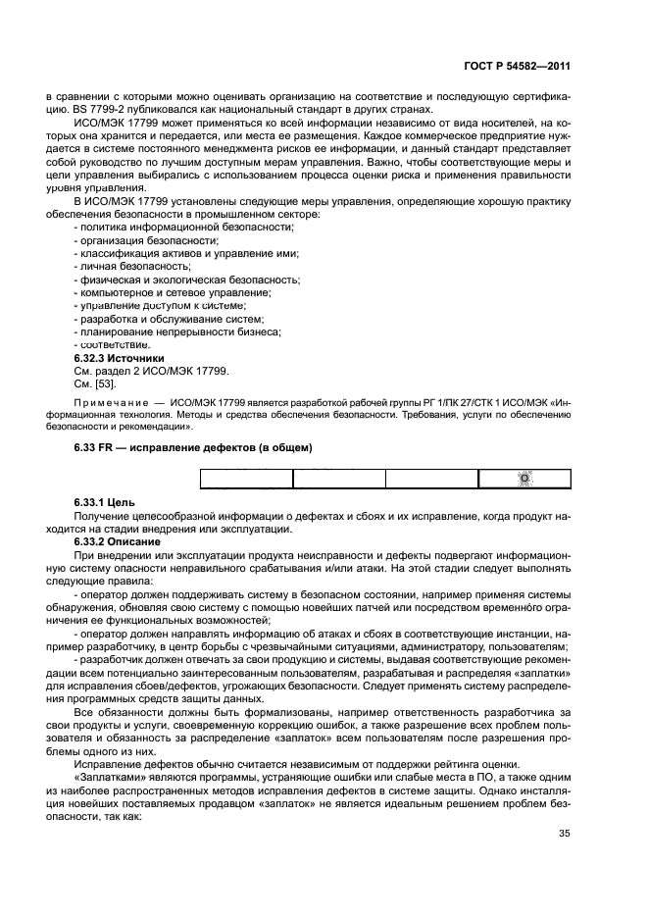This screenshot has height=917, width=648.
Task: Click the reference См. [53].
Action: tap(95, 384)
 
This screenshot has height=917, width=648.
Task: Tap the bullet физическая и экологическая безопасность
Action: tap(187, 280)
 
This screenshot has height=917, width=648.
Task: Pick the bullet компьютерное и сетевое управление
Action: tap(174, 293)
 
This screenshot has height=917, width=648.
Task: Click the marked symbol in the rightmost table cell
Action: tap(523, 478)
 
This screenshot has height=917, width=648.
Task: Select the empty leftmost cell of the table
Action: tap(247, 479)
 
